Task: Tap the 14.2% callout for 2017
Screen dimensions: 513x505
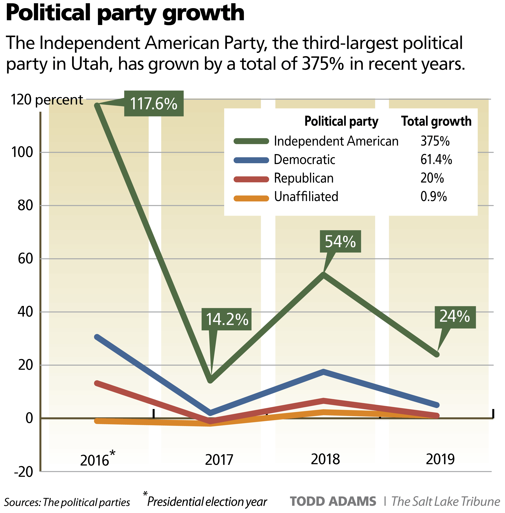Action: [x=226, y=319]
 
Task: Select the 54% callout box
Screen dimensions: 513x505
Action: [x=340, y=241]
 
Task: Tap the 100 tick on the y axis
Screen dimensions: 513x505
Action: [x=22, y=152]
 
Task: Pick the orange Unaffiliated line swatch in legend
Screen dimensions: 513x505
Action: [x=251, y=198]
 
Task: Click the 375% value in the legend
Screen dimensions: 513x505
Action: [x=435, y=141]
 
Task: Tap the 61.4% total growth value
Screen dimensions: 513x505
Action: [x=436, y=160]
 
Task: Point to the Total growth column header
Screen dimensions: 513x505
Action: [x=436, y=121]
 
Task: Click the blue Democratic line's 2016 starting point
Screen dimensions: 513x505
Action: [x=97, y=337]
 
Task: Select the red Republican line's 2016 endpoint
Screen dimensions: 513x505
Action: [x=97, y=383]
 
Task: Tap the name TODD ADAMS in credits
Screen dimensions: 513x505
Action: [x=333, y=502]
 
